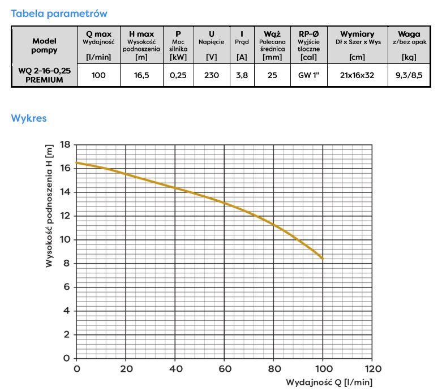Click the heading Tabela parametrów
click(59, 13)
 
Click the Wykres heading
click(29, 118)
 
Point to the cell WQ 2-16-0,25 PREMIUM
click(44, 75)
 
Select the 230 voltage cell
click(212, 75)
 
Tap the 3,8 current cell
click(242, 75)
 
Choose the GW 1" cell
click(309, 75)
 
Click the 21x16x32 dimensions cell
click(357, 75)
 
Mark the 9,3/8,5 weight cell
click(409, 75)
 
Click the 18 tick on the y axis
click(65, 144)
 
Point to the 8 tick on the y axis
click(66, 263)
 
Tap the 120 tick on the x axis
click(372, 369)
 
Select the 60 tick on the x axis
click(224, 369)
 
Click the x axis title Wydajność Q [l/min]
click(329, 382)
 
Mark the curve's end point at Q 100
click(323, 258)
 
